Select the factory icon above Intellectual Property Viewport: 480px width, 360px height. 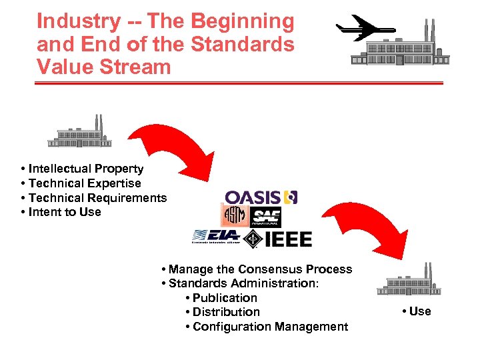(x=79, y=133)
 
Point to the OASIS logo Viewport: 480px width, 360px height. (x=261, y=197)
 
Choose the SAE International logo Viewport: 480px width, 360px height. (x=266, y=217)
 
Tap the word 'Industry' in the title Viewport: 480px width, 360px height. (x=77, y=21)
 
